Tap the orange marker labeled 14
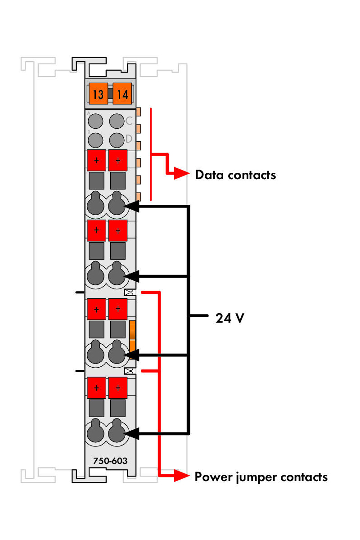122,94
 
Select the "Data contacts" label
235,175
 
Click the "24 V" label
230,318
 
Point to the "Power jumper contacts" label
261,477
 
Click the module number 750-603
110,461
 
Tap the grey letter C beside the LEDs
129,121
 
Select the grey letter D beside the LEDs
129,139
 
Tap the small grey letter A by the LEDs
89,113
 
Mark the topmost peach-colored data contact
139,112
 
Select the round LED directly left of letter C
117,121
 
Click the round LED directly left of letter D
117,139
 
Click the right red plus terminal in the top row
118,160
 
